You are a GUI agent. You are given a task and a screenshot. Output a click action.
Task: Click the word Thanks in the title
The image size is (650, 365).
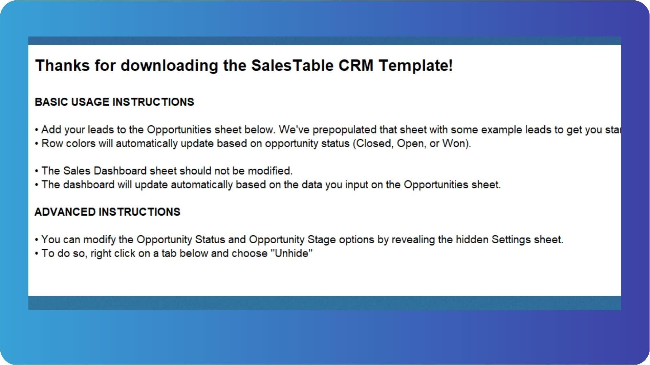63,65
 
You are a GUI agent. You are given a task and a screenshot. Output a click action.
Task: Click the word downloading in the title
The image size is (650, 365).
169,65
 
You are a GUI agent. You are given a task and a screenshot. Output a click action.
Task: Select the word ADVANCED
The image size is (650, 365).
65,212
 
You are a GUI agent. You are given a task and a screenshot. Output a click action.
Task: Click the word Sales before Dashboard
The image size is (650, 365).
77,171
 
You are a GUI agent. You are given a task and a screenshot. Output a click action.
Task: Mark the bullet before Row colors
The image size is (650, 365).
37,144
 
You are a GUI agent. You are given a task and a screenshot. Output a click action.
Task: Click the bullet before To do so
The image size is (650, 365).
37,254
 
